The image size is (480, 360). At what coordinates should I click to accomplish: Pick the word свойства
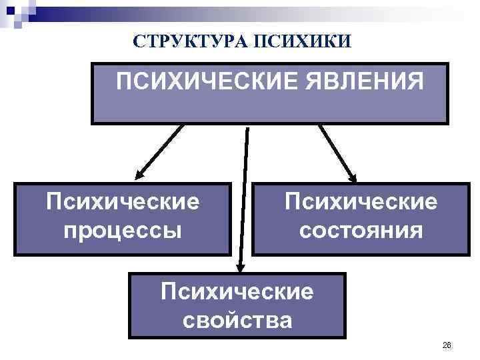(237, 321)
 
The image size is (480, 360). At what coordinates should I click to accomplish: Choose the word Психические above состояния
(361, 201)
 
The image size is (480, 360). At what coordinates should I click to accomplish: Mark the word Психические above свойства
(237, 291)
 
